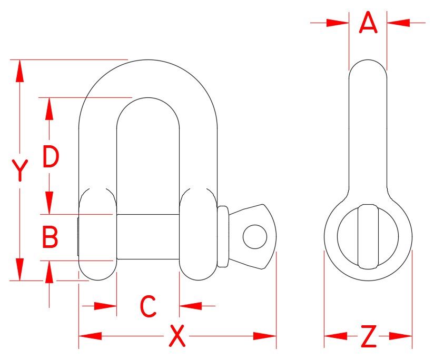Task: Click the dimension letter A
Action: coord(368,23)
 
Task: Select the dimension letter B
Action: coord(50,237)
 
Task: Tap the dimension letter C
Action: coord(148,306)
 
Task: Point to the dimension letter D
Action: coord(51,157)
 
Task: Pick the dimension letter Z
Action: coord(368,337)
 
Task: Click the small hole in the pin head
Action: coord(254,236)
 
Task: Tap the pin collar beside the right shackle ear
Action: coord(223,236)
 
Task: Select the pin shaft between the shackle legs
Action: coord(147,236)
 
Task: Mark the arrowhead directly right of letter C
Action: coord(190,305)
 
